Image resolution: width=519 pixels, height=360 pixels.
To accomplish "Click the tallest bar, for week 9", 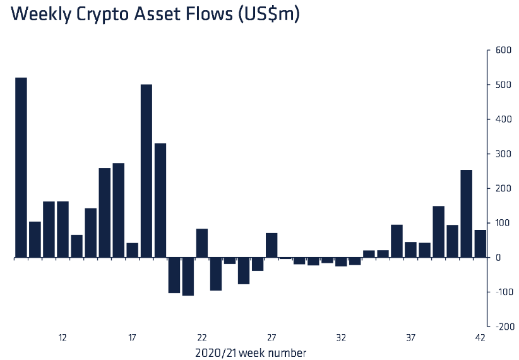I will pos(21,167).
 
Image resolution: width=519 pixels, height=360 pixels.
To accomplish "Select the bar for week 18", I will pos(146,171).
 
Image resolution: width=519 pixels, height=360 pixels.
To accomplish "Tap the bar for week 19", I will pos(160,200).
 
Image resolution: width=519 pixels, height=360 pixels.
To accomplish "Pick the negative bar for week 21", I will pos(188,277).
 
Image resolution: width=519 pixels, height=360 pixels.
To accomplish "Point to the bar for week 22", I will pos(202,243).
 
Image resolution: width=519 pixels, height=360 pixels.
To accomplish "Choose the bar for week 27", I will pos(271,245).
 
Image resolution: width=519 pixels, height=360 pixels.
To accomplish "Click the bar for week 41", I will pos(467,213).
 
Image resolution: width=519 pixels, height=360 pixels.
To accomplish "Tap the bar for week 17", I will pos(133,250).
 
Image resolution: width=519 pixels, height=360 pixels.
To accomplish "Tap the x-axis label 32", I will pos(341,338).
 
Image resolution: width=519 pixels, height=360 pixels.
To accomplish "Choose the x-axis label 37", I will pos(411,338).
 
